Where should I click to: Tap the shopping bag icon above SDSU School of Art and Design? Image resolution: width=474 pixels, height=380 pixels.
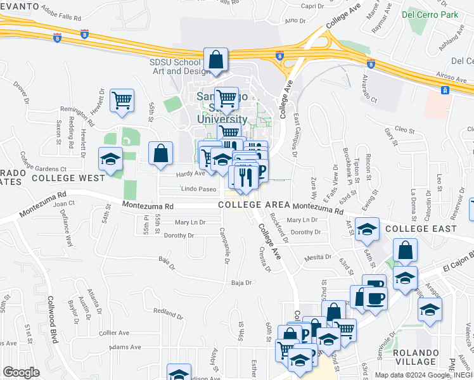pos(215,60)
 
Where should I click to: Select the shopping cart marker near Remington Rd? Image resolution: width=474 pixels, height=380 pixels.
pos(122,100)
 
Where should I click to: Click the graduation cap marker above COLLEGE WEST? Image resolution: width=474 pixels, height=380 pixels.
pos(110,159)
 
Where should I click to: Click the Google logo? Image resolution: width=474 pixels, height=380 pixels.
pos(21,372)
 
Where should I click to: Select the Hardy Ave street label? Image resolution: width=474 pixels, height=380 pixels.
pos(173,174)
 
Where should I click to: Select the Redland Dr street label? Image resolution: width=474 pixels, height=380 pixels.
pos(167,311)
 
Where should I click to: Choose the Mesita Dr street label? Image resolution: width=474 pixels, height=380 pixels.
pos(319,257)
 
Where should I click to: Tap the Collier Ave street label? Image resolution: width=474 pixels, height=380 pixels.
pos(114,332)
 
